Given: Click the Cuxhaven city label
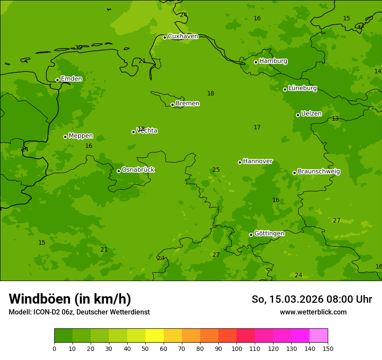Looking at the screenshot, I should tap(183, 36).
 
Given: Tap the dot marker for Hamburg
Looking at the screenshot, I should tap(256, 62).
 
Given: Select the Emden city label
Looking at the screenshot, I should tap(71, 79).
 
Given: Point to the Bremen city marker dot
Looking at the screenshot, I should tap(172, 105).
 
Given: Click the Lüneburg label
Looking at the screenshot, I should tap(303, 88).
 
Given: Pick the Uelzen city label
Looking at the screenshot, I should tap(311, 114).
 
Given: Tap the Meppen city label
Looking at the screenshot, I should tap(81, 136).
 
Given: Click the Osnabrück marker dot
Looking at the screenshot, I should tap(119, 171).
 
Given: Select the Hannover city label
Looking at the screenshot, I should tap(257, 161).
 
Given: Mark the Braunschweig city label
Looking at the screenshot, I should tap(319, 172).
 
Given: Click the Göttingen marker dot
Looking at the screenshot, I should tap(251, 235).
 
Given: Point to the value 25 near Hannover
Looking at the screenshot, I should tap(216, 170).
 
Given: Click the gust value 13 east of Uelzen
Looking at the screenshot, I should tap(335, 119).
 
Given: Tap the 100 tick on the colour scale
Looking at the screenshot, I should tap(237, 348).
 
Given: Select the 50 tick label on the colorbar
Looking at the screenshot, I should tap(145, 348).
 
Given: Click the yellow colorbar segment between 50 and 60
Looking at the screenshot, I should tap(155, 335).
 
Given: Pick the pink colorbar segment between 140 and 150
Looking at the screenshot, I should tap(319, 335).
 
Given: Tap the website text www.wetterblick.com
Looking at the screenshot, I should tap(313, 312).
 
